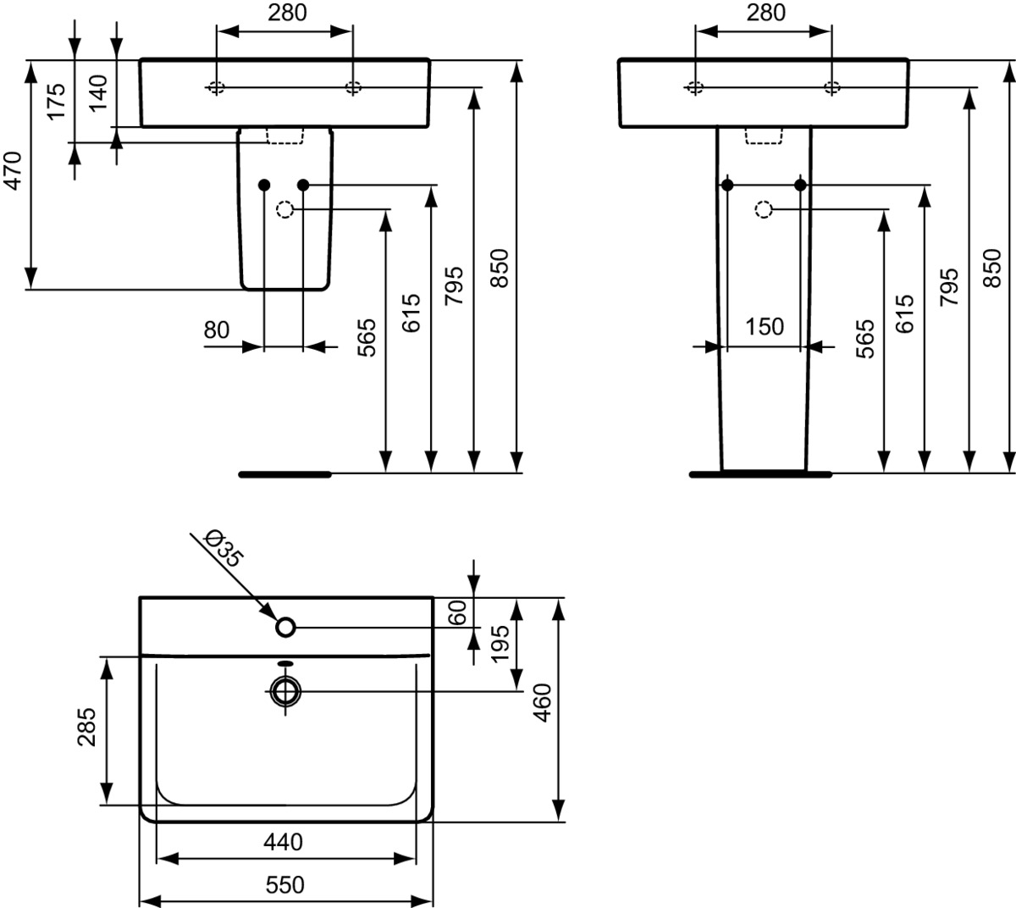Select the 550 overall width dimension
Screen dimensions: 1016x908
pyautogui.click(x=284, y=885)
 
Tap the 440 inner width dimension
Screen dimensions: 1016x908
pyautogui.click(x=284, y=842)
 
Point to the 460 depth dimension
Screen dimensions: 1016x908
pyautogui.click(x=542, y=702)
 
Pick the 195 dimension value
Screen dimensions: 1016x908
pyautogui.click(x=500, y=644)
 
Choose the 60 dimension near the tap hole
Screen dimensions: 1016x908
pyautogui.click(x=457, y=613)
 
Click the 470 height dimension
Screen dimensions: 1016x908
pyautogui.click(x=13, y=170)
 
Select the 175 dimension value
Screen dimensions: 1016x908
pyautogui.click(x=56, y=102)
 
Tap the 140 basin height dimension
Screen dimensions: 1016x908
pyautogui.click(x=98, y=93)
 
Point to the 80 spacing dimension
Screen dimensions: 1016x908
pyautogui.click(x=217, y=330)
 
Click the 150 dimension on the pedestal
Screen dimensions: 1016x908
pyautogui.click(x=765, y=327)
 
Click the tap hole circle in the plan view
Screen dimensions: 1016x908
pyautogui.click(x=286, y=627)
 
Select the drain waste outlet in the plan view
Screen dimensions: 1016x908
pyautogui.click(x=286, y=692)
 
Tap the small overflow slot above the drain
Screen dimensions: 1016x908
pyautogui.click(x=285, y=663)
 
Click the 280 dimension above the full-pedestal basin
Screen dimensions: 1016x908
pyautogui.click(x=765, y=13)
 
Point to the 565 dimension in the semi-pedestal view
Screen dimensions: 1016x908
pyautogui.click(x=367, y=337)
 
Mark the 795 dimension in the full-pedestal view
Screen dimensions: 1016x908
pyautogui.click(x=949, y=287)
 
